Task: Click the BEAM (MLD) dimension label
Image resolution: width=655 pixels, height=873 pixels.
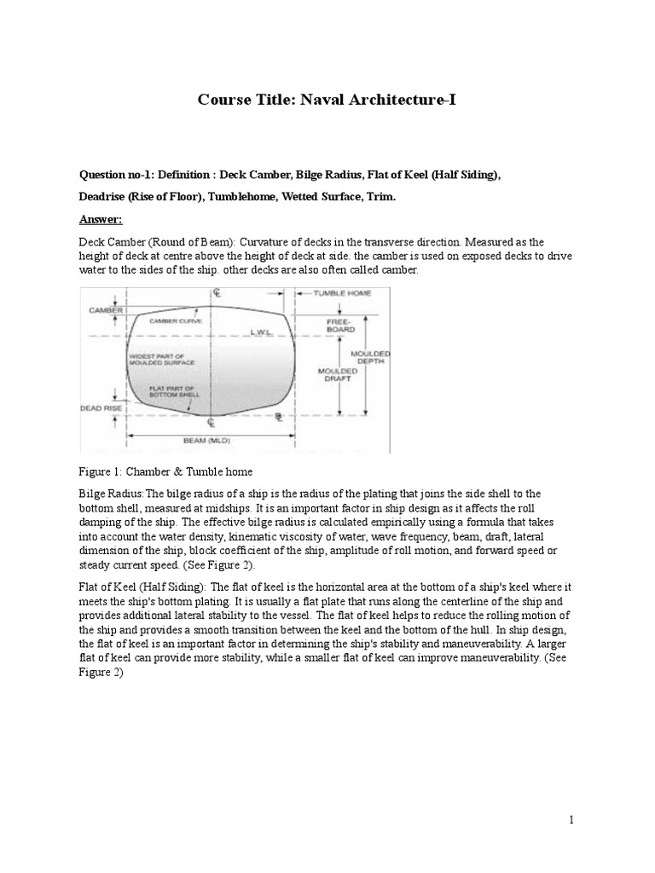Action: point(208,440)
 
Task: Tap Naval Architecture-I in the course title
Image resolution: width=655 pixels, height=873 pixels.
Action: point(369,101)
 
